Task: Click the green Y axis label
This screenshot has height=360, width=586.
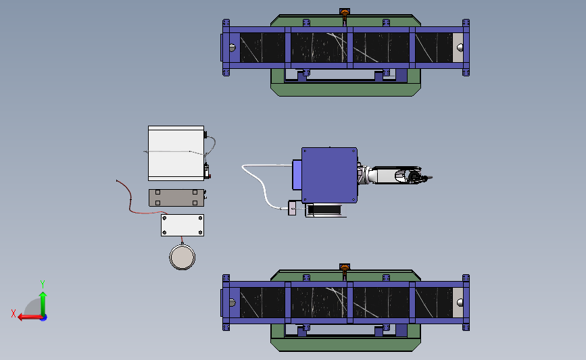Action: point(43,284)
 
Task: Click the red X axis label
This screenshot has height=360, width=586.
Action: point(14,313)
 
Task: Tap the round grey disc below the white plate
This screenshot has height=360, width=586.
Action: point(182,257)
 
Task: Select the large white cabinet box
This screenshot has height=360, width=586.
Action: point(176,153)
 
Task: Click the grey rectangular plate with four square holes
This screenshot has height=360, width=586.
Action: point(176,197)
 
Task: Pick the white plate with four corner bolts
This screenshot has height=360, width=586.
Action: point(182,225)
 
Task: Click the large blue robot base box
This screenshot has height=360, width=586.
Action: point(329,175)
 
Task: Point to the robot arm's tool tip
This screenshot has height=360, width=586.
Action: point(431,178)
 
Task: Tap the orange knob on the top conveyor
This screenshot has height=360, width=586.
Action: point(345,13)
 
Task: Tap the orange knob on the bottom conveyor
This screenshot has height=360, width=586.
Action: point(345,268)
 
